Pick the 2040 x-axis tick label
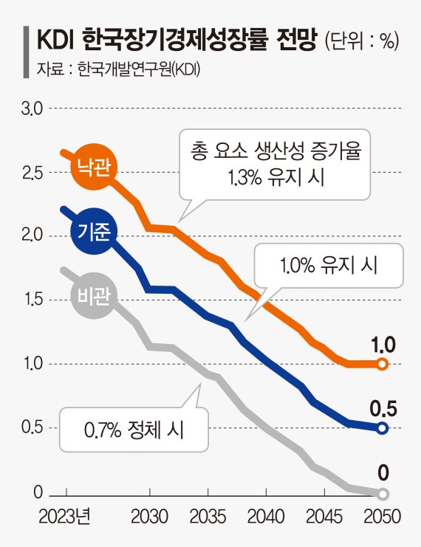click(x=267, y=515)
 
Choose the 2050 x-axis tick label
click(x=382, y=515)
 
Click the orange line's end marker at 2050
click(x=382, y=364)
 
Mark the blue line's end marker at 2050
click(x=382, y=428)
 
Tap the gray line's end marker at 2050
click(x=382, y=493)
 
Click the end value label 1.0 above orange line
click(x=382, y=343)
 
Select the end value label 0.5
click(x=382, y=408)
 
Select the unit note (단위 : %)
click(x=361, y=41)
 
